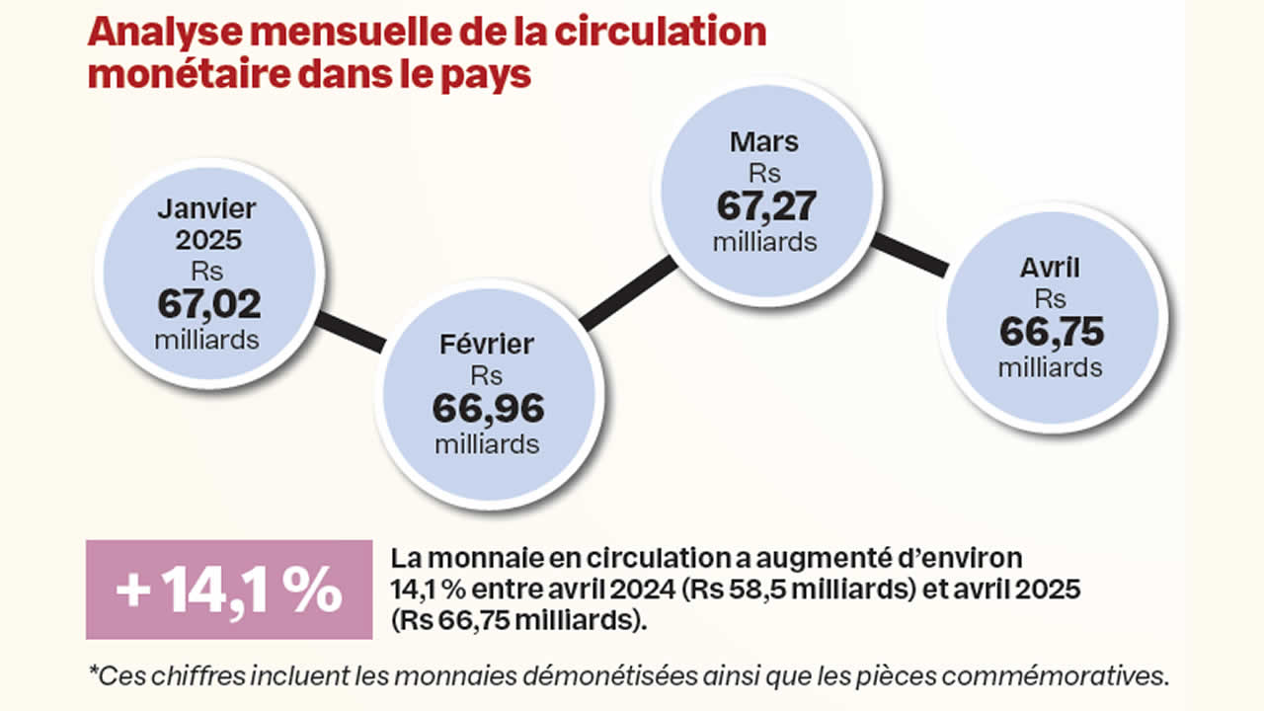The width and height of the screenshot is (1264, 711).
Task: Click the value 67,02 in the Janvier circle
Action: tap(208, 304)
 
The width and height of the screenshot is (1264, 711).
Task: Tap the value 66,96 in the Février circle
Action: tap(487, 408)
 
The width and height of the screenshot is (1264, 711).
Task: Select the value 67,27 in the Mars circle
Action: tap(764, 207)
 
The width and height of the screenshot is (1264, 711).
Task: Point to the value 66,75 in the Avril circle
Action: tap(1051, 332)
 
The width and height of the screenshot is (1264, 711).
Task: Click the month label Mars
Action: tap(763, 142)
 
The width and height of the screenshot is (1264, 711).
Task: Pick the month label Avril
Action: tap(1051, 268)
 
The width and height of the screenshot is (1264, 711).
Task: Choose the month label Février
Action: tap(487, 345)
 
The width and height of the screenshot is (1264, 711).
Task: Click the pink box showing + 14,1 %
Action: tap(228, 590)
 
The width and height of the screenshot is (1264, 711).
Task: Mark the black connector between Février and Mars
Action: tap(628, 293)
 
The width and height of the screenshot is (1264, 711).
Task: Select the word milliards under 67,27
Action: tap(764, 241)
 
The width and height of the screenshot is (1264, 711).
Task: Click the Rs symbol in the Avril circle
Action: tap(1051, 299)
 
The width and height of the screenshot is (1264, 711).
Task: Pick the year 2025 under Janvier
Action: tap(208, 240)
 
